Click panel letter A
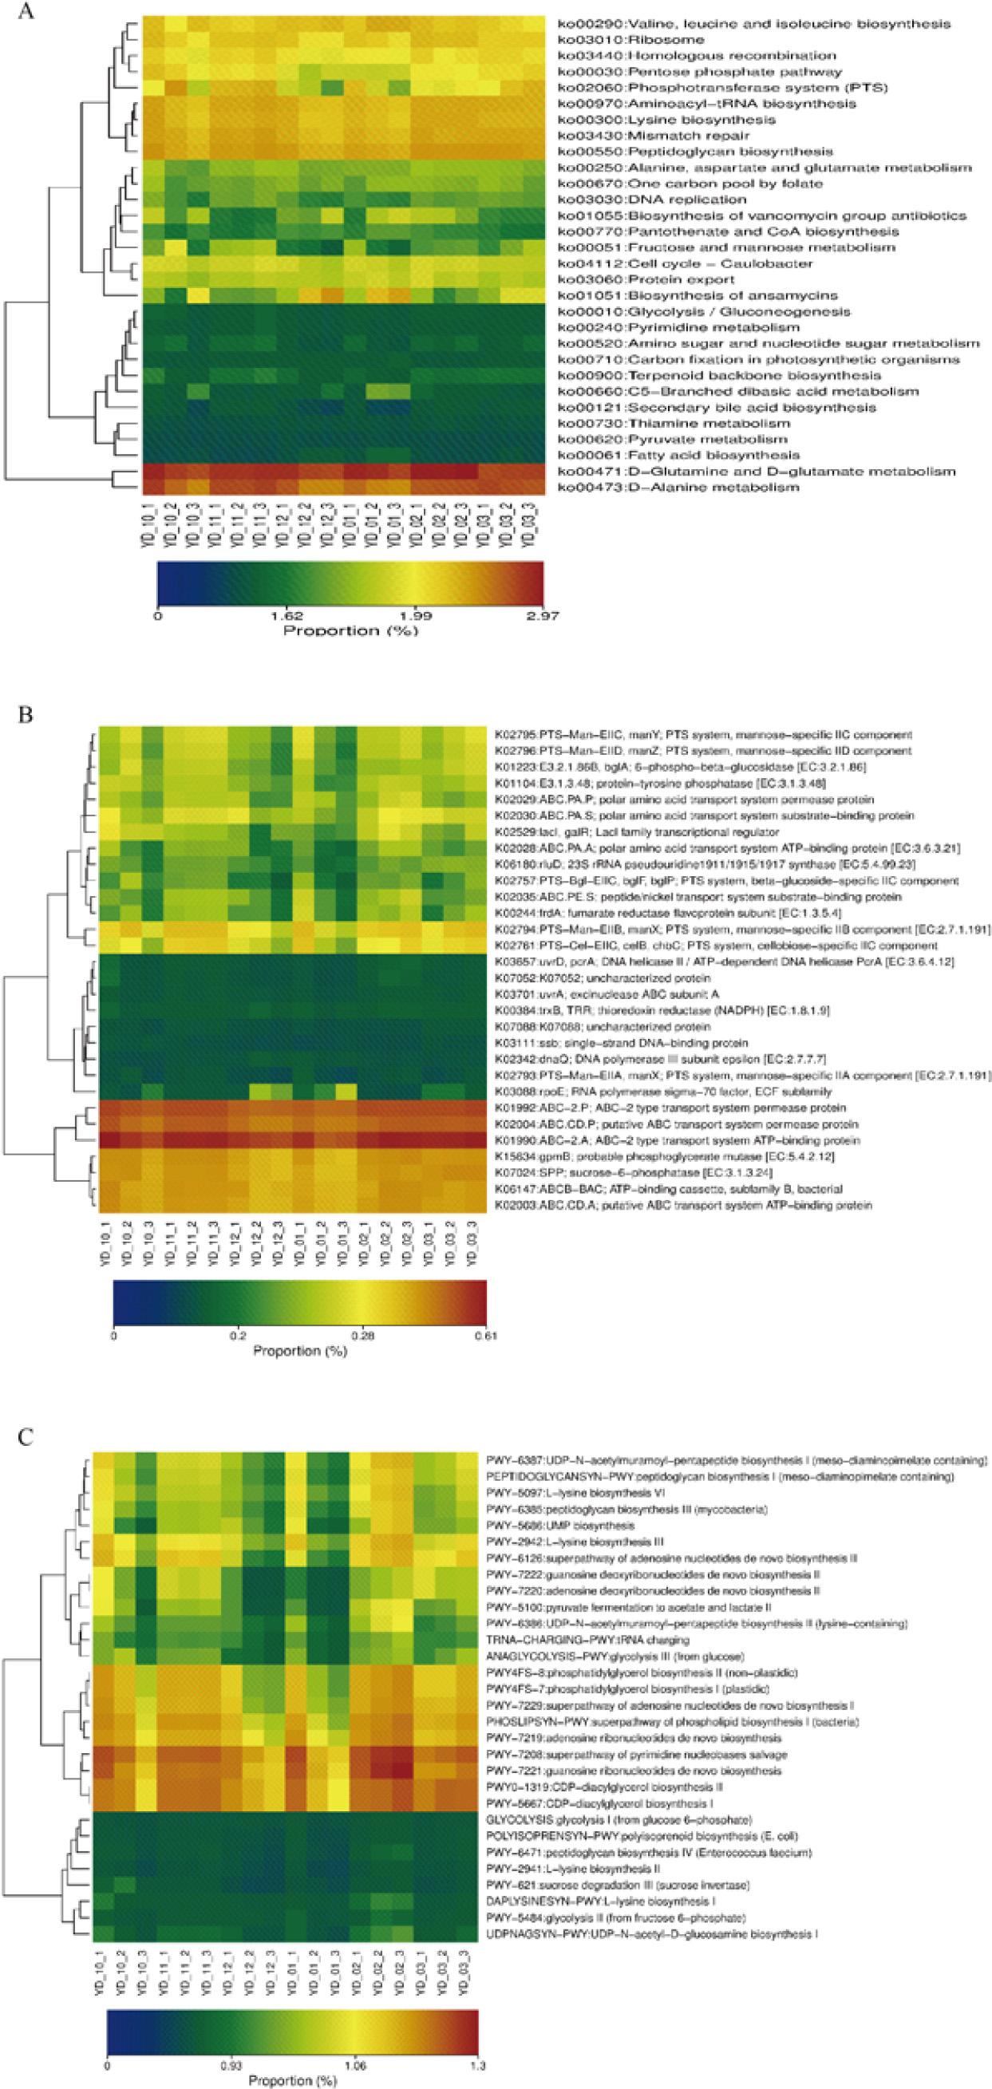coord(26,14)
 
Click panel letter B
coord(26,717)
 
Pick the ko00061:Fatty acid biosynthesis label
coord(679,455)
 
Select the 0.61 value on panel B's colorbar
coord(484,1336)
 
